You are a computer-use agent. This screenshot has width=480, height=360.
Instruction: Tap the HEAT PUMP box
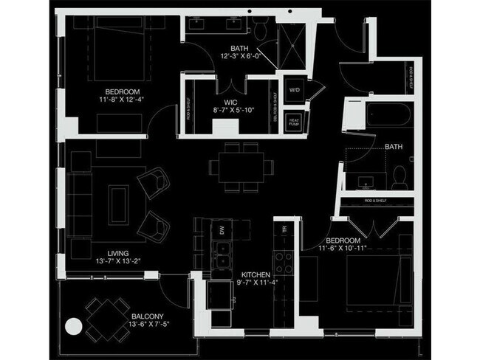(x=294, y=122)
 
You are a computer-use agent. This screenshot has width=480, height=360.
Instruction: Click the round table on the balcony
(x=74, y=325)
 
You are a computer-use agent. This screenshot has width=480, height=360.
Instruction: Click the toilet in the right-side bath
(x=399, y=176)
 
